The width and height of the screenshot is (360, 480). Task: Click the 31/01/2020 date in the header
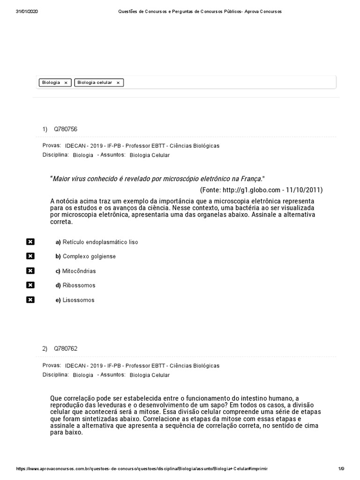27,11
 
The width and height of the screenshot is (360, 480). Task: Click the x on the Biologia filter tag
66,82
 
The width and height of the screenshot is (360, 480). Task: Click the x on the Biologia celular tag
118,82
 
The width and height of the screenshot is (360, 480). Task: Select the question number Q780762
66,348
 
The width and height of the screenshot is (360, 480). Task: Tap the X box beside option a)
30,242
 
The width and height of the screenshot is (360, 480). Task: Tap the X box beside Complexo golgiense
30,256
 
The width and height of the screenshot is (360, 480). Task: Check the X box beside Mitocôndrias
30,270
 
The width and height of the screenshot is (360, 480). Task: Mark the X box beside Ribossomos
30,285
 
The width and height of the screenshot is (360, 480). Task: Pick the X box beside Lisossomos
30,300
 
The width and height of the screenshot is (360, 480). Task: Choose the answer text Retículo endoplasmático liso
100,242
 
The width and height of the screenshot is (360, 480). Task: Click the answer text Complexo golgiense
89,256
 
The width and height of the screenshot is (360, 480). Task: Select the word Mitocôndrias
79,271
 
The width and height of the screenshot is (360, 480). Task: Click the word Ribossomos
79,285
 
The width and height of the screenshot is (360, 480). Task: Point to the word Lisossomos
78,300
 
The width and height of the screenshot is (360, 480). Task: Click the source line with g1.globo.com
261,190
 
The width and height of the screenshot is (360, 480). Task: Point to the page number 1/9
341,469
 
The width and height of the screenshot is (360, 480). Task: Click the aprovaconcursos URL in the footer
142,469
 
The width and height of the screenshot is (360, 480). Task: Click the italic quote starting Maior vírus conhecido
157,179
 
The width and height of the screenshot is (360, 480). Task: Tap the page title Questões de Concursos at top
198,11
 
